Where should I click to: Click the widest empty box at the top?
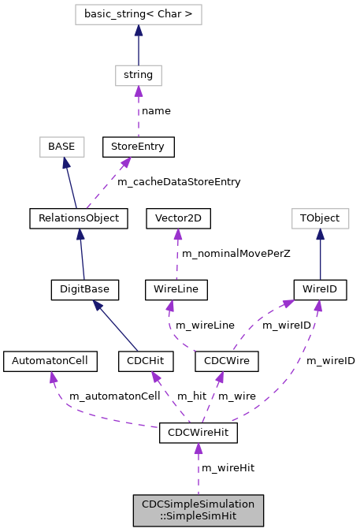click(139, 15)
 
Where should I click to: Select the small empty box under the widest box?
click(139, 76)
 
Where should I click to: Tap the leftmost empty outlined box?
click(62, 147)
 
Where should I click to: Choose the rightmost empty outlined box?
click(320, 218)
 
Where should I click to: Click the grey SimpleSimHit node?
click(198, 511)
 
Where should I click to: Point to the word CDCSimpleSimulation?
click(198, 504)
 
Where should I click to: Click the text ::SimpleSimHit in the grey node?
click(198, 517)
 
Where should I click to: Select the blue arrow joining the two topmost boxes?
click(139, 47)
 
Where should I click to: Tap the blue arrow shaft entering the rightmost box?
click(320, 256)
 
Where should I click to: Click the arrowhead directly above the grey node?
click(198, 449)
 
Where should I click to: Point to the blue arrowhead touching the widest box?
click(139, 30)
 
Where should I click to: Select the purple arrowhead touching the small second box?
click(138, 91)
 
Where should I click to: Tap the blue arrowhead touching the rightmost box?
click(320, 235)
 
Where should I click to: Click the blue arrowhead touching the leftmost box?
click(66, 162)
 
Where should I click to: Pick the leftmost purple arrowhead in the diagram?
click(53, 378)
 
